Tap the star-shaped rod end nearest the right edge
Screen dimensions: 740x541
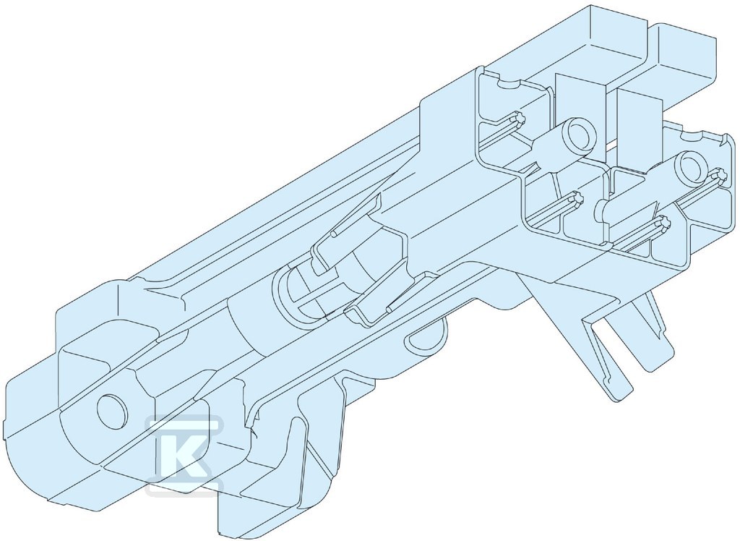coord(721,176)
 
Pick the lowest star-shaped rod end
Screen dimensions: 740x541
coord(665,223)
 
